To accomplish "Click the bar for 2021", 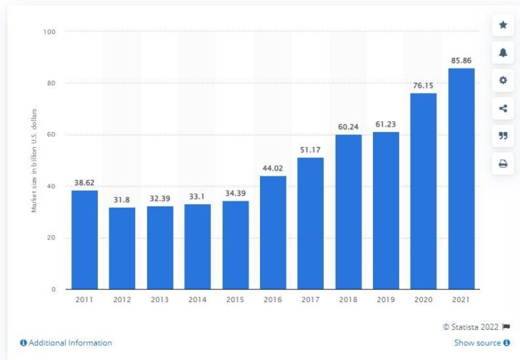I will tap(461, 179).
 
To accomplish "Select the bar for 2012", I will tap(121, 248).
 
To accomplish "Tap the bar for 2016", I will tap(273, 232).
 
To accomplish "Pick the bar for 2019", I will tap(386, 210).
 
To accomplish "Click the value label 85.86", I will tap(461, 61).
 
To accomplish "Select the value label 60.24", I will tap(348, 128).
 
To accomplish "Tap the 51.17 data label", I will tap(310, 151).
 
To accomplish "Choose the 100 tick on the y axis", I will tap(50, 31).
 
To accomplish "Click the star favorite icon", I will tap(502, 25).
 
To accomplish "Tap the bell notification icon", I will tap(502, 53).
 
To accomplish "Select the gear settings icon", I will tap(502, 81).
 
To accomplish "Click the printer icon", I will tap(502, 164).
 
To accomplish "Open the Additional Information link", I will tap(66, 343).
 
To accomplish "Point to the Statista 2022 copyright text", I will tap(471, 328).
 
